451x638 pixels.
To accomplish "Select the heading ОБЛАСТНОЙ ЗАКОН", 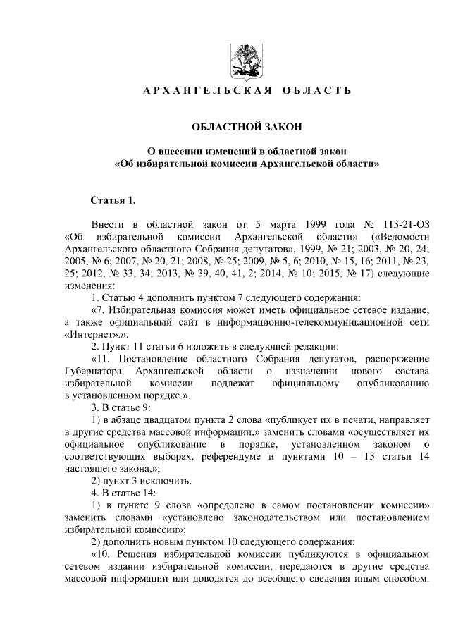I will point(246,127).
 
